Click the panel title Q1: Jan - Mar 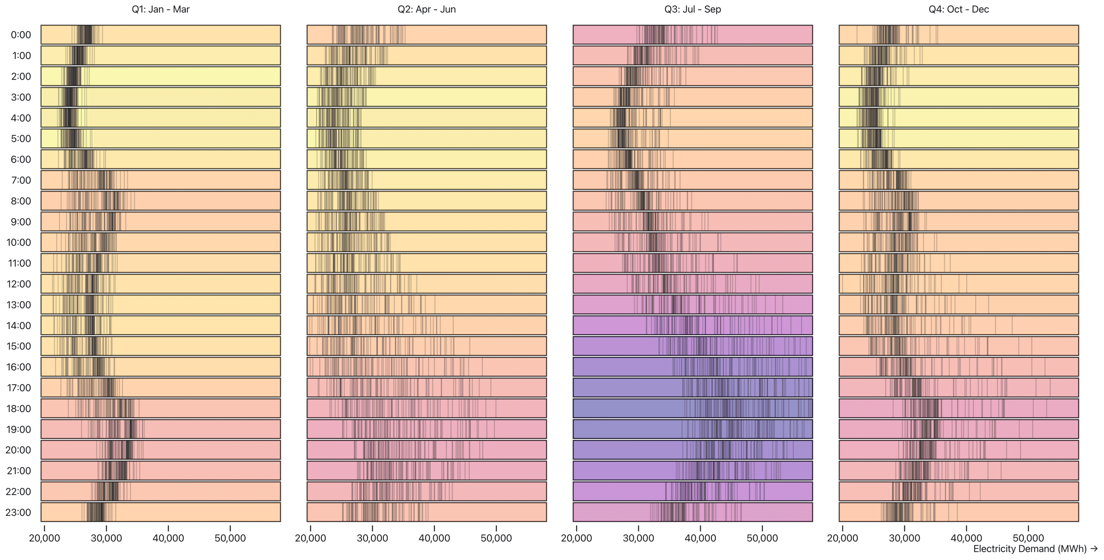[160, 9]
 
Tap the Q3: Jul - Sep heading [693, 9]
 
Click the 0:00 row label [21, 35]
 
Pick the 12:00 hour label [19, 284]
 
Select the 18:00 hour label [19, 409]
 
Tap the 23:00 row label [19, 513]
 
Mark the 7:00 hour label [21, 180]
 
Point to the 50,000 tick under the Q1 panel [230, 538]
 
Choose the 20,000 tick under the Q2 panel [310, 538]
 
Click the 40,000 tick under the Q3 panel [700, 538]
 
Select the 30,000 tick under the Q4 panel [904, 538]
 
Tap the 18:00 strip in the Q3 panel [693, 408]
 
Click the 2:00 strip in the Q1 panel [161, 76]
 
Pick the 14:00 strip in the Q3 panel [693, 325]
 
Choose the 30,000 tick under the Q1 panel [106, 538]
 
